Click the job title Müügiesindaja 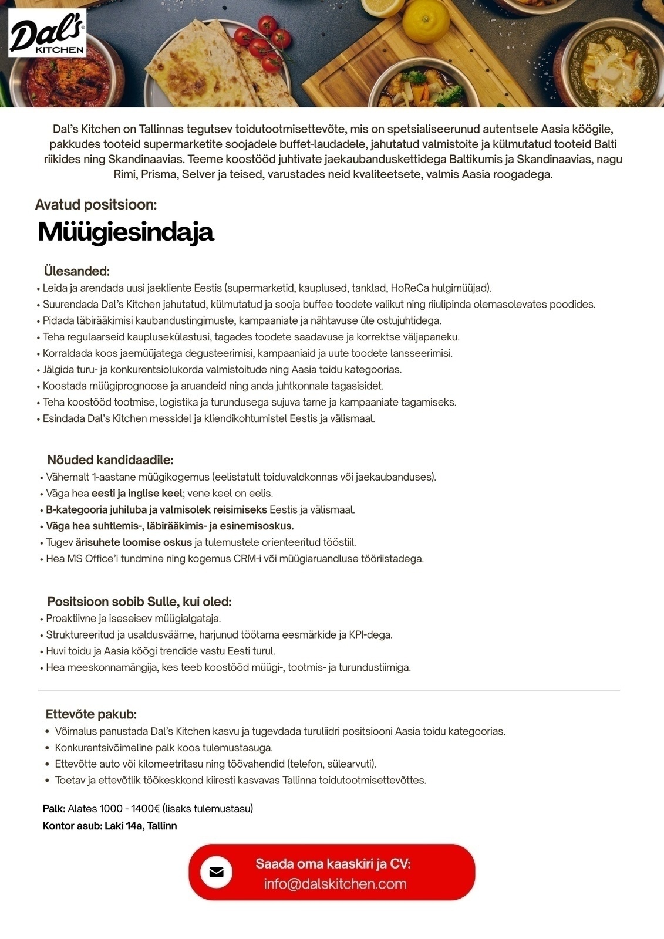click(126, 232)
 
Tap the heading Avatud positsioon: click(96, 205)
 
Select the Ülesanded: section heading click(77, 271)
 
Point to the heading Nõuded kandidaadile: click(110, 460)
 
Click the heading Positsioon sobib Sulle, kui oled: click(139, 602)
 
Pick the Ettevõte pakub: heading click(91, 714)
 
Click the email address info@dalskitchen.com click(335, 884)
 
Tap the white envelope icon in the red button click(216, 872)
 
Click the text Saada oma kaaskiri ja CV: click(333, 864)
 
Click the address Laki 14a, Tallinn click(141, 826)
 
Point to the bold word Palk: click(54, 809)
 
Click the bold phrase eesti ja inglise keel click(137, 494)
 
